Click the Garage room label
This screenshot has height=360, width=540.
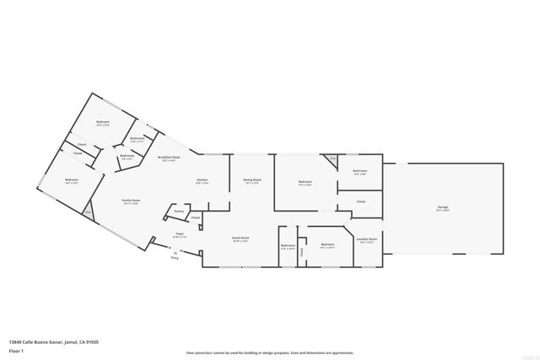442,207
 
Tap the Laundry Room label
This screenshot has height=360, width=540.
367,239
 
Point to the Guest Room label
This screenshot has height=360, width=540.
240,238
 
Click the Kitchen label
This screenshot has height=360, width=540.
202,180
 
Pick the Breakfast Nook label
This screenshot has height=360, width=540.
167,158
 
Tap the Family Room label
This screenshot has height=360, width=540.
131,201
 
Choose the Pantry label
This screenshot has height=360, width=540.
179,211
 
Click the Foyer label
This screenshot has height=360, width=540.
180,234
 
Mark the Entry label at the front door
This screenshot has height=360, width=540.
175,257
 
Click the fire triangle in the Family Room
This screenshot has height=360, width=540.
89,214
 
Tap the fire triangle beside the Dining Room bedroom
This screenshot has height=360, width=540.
332,159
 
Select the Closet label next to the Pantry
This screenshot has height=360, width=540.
195,218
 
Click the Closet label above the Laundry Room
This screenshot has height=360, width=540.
360,201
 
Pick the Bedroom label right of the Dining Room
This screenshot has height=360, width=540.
305,182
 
